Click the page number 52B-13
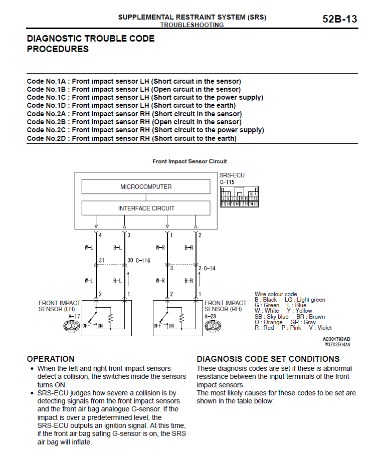339,19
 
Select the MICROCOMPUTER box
146,187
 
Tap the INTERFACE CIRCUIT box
146,208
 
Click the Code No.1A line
134,81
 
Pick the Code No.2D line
131,138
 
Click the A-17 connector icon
71,326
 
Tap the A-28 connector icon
213,326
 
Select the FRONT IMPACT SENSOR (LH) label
59,306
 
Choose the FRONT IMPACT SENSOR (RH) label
225,306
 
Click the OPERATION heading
51,359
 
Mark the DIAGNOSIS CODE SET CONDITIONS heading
268,359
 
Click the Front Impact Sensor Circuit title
189,161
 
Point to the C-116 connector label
143,261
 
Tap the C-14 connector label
209,268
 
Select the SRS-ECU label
232,175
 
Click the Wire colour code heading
276,294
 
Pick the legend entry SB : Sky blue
271,317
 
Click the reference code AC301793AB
336,339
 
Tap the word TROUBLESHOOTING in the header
192,25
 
